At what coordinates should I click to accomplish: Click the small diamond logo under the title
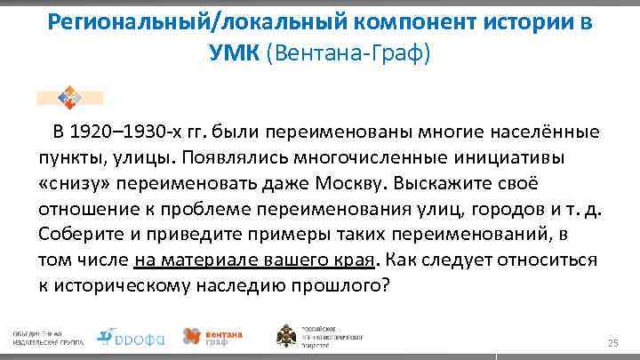tap(68, 97)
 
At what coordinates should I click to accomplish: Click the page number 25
tap(612, 343)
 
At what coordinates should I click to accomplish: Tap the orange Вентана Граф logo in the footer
tap(212, 336)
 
